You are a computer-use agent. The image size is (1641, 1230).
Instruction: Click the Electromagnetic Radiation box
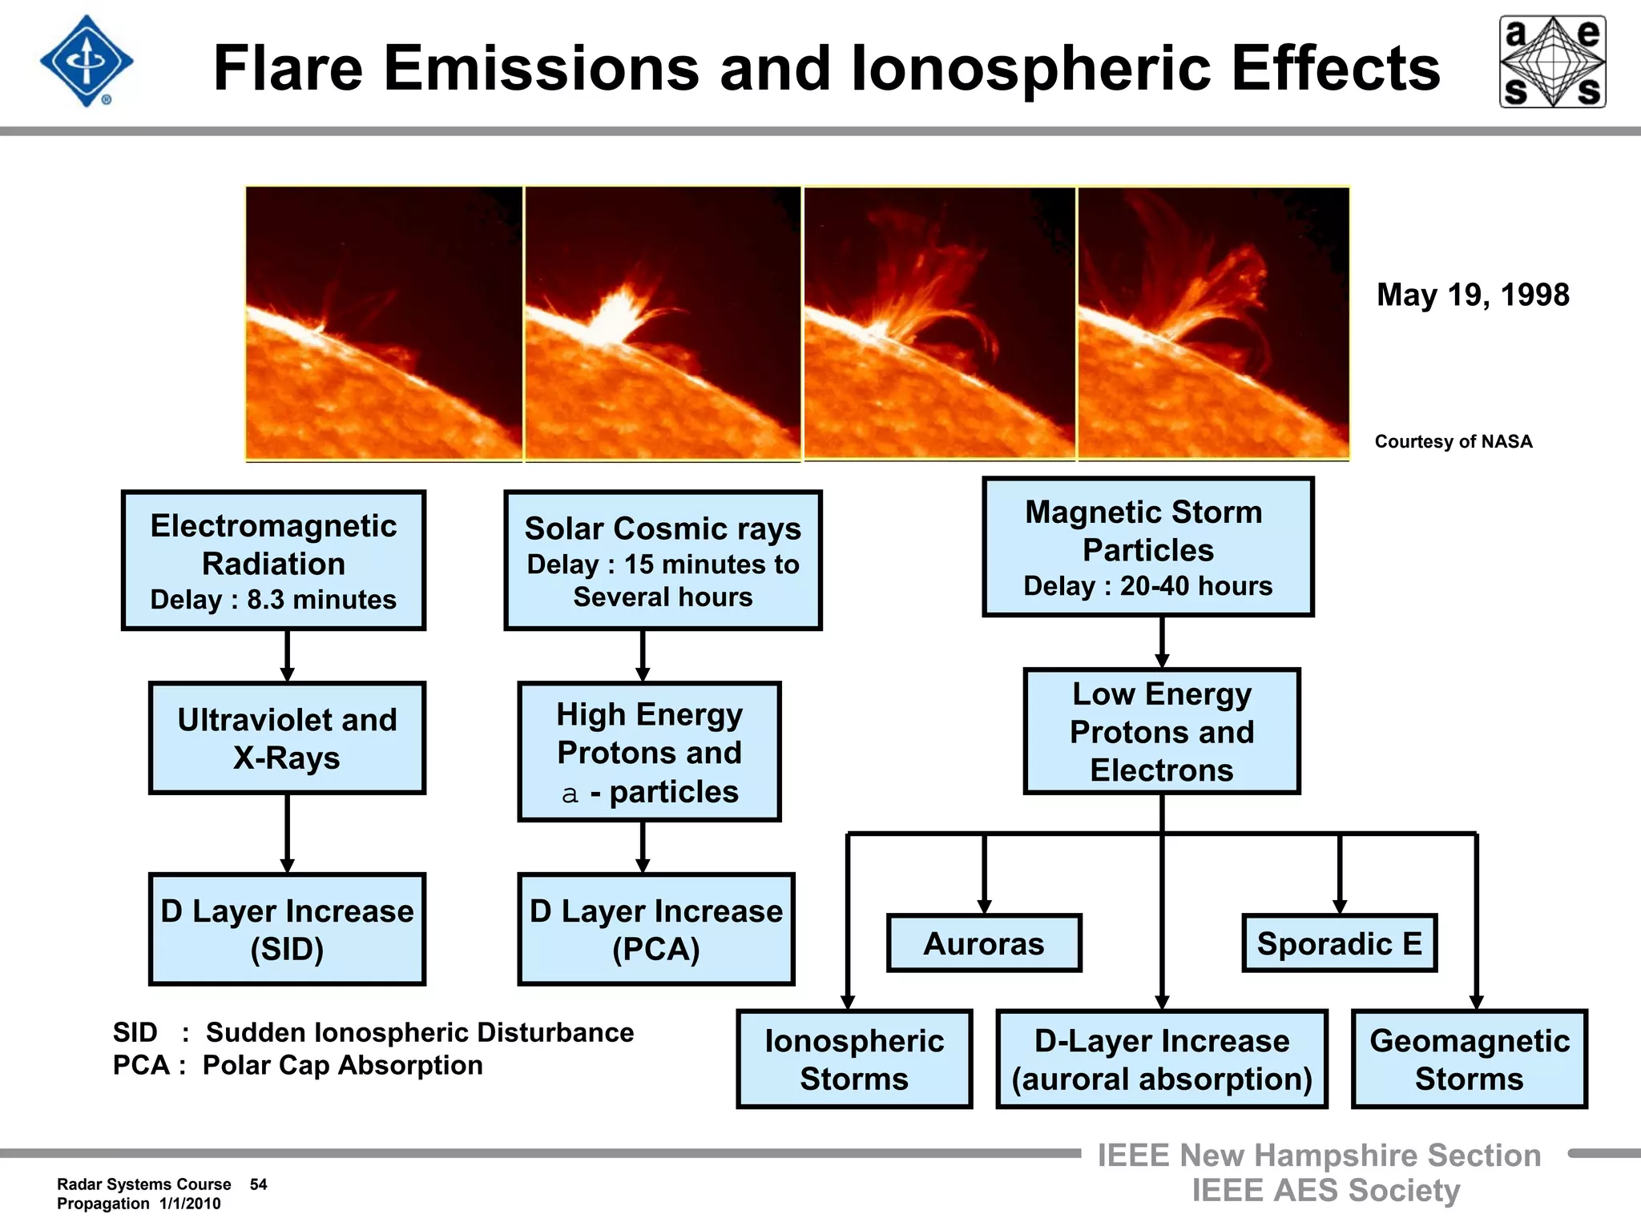pos(273,561)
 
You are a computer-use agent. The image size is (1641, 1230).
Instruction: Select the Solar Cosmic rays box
pos(663,561)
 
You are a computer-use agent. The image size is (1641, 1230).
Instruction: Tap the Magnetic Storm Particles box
pos(1147,547)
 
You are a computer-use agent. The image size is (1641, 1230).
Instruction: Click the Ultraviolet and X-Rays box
pos(287,738)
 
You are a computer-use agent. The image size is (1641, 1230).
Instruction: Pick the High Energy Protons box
pos(649,751)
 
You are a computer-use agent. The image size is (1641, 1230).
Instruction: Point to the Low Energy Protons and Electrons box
pos(1161,731)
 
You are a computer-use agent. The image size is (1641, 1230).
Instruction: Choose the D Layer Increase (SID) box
pos(287,929)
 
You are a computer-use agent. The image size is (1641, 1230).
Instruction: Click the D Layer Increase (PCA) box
pos(655,929)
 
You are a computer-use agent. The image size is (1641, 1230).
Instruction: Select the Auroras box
pos(984,943)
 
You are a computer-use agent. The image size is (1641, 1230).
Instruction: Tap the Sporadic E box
pos(1339,943)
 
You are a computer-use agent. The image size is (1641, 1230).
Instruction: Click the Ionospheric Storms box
pos(854,1059)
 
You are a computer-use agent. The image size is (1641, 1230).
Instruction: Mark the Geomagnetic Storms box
pos(1469,1059)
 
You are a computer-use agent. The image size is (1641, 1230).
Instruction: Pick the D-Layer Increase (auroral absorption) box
pos(1161,1059)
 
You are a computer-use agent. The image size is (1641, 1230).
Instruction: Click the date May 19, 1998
pos(1473,295)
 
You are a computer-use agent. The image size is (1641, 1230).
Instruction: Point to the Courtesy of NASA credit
pos(1454,441)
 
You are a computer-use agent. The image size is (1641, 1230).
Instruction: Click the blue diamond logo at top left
pos(87,62)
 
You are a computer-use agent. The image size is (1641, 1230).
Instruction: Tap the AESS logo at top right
pos(1552,62)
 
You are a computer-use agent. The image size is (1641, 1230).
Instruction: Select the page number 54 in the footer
pos(258,1184)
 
